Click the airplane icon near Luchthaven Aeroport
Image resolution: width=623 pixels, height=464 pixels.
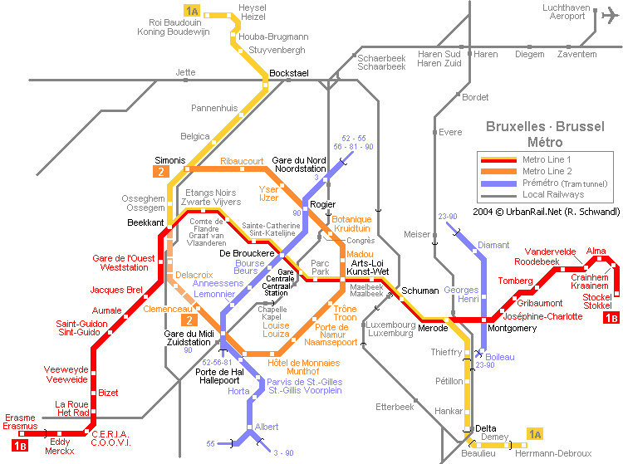[610, 16]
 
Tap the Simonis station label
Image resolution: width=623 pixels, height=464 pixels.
[170, 160]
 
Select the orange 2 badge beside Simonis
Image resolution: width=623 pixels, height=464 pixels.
[161, 172]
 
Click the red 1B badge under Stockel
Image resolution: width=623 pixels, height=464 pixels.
[611, 318]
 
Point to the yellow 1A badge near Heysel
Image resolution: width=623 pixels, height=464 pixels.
[192, 11]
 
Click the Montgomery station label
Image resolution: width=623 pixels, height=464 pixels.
[512, 328]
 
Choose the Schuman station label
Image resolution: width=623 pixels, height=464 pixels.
[420, 291]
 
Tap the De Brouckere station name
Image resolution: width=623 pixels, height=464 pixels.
[247, 253]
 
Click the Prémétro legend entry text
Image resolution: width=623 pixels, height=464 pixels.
[565, 183]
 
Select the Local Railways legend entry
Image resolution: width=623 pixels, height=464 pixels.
[553, 194]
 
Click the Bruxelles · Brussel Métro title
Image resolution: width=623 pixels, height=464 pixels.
[545, 134]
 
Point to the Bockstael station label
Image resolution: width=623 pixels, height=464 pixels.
[289, 73]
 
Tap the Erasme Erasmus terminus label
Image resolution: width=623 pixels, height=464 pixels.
[20, 422]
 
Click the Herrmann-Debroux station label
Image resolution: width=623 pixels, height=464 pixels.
[553, 453]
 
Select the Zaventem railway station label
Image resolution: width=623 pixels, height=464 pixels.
[576, 54]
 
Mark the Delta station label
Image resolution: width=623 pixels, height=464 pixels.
[486, 428]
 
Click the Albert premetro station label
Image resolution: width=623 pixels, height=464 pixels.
[267, 427]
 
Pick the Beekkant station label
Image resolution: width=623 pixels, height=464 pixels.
[145, 222]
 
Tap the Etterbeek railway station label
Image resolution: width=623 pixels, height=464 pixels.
[395, 407]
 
